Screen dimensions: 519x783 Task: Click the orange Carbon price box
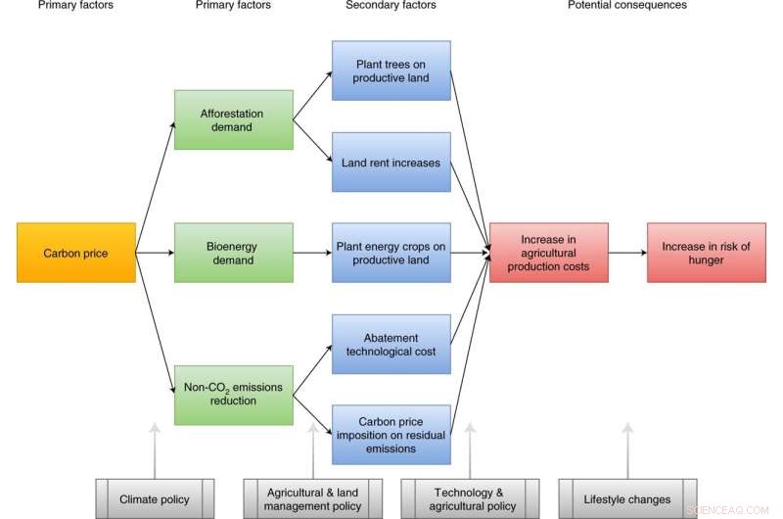pyautogui.click(x=76, y=254)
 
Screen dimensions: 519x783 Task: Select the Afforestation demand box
pyautogui.click(x=233, y=119)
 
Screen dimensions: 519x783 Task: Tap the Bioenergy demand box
pyautogui.click(x=233, y=253)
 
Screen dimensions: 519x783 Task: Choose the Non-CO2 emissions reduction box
pyautogui.click(x=233, y=394)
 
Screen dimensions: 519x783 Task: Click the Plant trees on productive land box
pyautogui.click(x=391, y=71)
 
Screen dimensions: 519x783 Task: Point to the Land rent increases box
pyautogui.click(x=391, y=162)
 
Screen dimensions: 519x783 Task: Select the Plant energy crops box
pyautogui.click(x=391, y=253)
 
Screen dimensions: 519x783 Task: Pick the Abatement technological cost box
pyautogui.click(x=391, y=345)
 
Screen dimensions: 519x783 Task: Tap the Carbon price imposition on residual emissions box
pyautogui.click(x=391, y=435)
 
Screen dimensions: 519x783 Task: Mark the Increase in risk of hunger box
pyautogui.click(x=705, y=253)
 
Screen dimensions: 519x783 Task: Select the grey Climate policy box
pyautogui.click(x=155, y=498)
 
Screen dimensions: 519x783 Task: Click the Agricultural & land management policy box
pyautogui.click(x=312, y=498)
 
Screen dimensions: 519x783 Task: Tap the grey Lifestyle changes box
pyautogui.click(x=627, y=498)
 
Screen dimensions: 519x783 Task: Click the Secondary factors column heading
pyautogui.click(x=391, y=6)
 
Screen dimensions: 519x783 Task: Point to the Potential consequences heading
pyautogui.click(x=627, y=6)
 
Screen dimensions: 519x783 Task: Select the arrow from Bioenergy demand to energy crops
pyautogui.click(x=311, y=253)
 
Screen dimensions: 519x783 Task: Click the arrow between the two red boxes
pyautogui.click(x=627, y=253)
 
